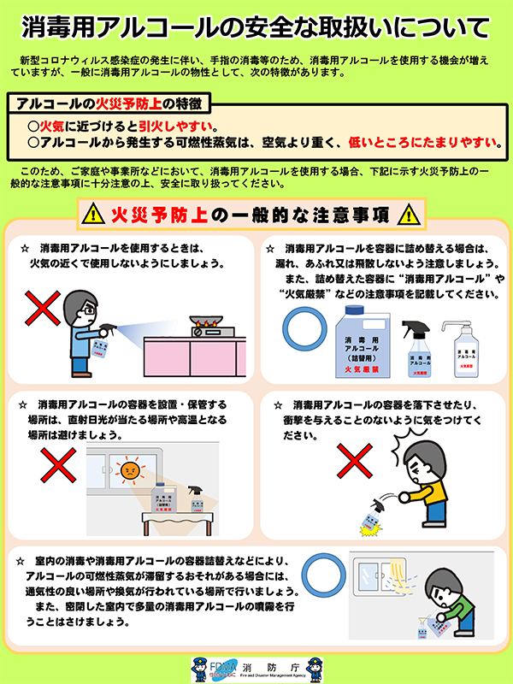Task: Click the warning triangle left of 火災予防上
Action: [90, 213]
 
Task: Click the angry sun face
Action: [129, 469]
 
